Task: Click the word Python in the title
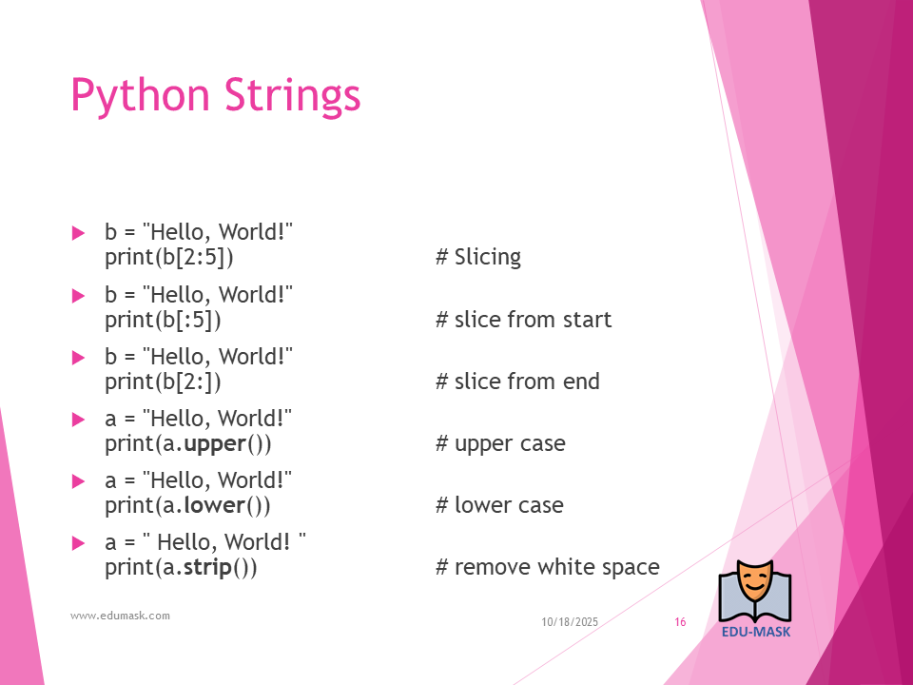click(x=140, y=95)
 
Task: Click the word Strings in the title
click(x=292, y=95)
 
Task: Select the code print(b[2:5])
click(x=169, y=258)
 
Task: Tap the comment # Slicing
click(x=478, y=257)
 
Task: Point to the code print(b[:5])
click(x=163, y=320)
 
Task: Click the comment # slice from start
click(x=523, y=320)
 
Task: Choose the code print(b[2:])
click(x=163, y=382)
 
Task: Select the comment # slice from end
click(x=517, y=382)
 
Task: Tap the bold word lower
click(x=214, y=505)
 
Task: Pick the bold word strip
click(x=208, y=567)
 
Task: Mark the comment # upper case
click(x=500, y=444)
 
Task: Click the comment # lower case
click(x=499, y=505)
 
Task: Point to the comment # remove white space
click(x=548, y=567)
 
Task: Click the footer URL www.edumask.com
click(x=120, y=616)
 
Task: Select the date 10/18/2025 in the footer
click(x=570, y=622)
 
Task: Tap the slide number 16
click(x=680, y=622)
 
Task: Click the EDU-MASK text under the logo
click(x=756, y=632)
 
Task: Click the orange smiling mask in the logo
click(x=755, y=581)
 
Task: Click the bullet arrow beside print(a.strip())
click(x=78, y=543)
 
